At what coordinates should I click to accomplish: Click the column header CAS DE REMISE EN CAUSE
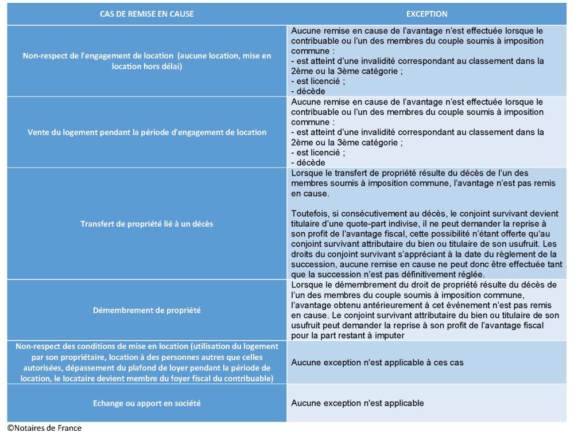coord(146,14)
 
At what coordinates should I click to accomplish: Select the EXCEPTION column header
coord(426,14)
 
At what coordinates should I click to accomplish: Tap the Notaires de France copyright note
coord(44,428)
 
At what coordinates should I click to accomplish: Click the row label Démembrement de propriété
coord(146,310)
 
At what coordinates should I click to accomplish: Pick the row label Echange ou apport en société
coord(146,403)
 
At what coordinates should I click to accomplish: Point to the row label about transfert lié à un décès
coord(146,224)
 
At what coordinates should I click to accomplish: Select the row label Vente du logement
coord(146,132)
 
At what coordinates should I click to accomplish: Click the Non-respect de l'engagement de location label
coord(146,61)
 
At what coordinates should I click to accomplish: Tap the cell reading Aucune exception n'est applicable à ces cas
coord(377,363)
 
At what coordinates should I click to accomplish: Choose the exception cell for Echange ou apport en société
coord(357,403)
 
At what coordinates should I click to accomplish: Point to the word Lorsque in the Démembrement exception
coord(308,285)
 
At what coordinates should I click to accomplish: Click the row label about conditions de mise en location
coord(146,363)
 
